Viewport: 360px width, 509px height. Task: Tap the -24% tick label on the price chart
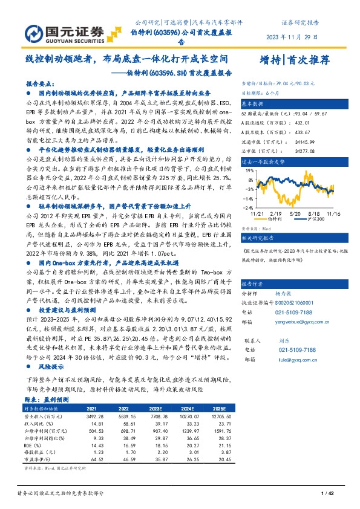coord(248,207)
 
